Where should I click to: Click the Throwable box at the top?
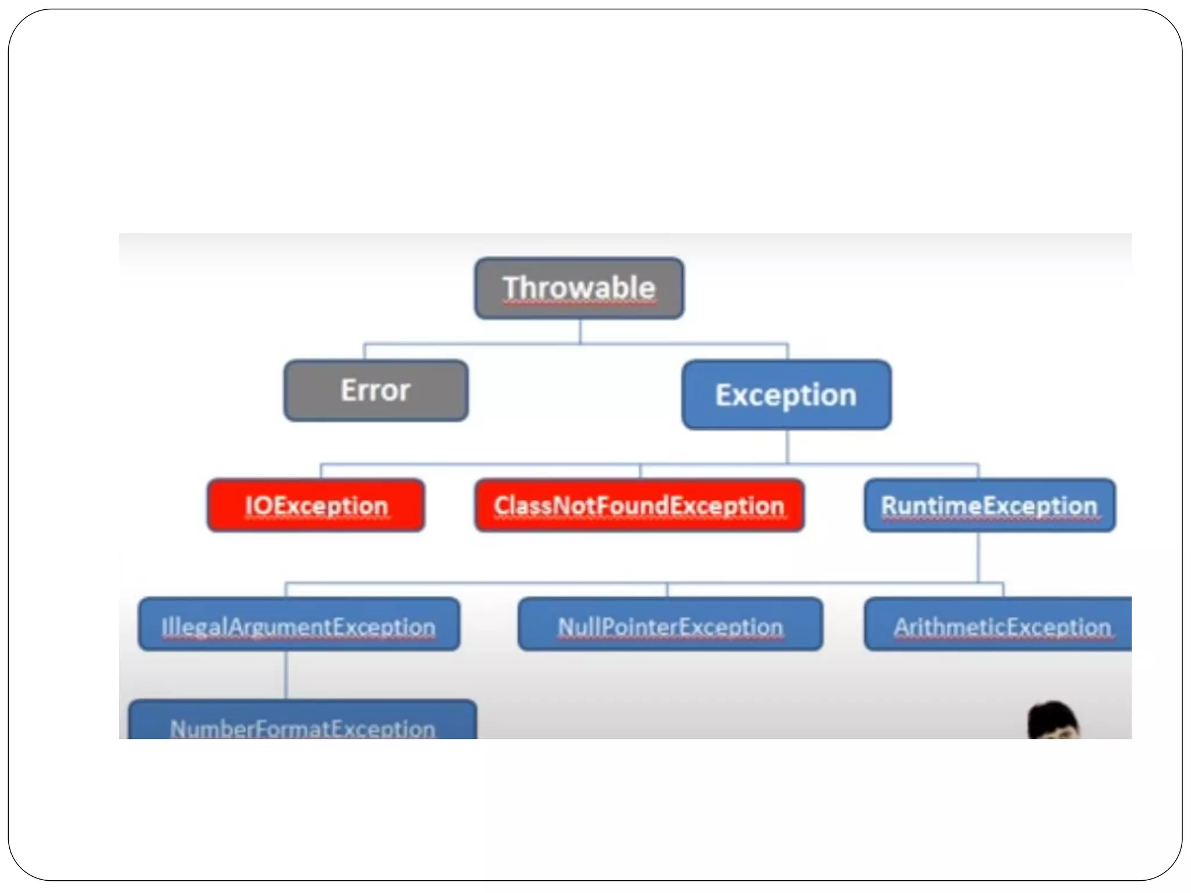pos(579,288)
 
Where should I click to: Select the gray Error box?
pos(376,391)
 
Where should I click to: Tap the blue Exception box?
pos(786,395)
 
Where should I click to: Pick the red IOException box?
pos(316,505)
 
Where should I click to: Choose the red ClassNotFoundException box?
pos(640,505)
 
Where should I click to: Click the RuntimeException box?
pos(989,505)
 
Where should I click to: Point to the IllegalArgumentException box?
pos(299,624)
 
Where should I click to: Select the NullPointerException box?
pos(670,624)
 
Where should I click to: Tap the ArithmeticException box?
pos(998,624)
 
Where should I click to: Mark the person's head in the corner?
pos(1053,721)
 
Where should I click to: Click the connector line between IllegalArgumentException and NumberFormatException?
pos(286,674)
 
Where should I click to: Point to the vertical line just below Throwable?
pos(580,331)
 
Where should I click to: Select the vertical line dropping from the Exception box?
pos(787,446)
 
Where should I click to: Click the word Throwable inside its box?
pos(579,288)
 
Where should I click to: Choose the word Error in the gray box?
pos(376,390)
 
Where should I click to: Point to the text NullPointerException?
pos(670,627)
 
